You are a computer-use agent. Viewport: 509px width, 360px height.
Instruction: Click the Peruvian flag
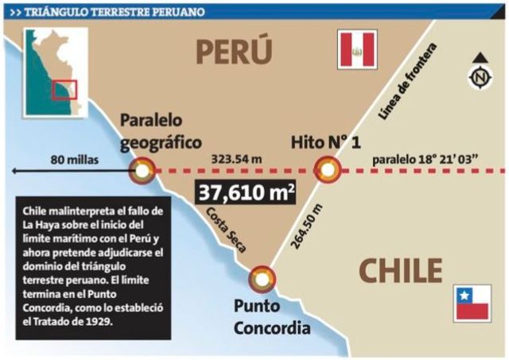pyautogui.click(x=357, y=51)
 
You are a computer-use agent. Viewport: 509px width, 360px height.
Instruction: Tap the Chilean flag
pyautogui.click(x=472, y=303)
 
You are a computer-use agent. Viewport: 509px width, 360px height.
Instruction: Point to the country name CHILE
pyautogui.click(x=400, y=270)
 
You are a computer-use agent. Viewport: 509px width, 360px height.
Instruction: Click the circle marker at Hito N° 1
pyautogui.click(x=327, y=169)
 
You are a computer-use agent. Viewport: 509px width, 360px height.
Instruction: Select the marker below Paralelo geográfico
pyautogui.click(x=143, y=169)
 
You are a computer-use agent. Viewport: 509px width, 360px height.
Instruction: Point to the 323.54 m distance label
pyautogui.click(x=235, y=159)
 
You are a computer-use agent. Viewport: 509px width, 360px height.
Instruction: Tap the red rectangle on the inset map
pyautogui.click(x=64, y=90)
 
